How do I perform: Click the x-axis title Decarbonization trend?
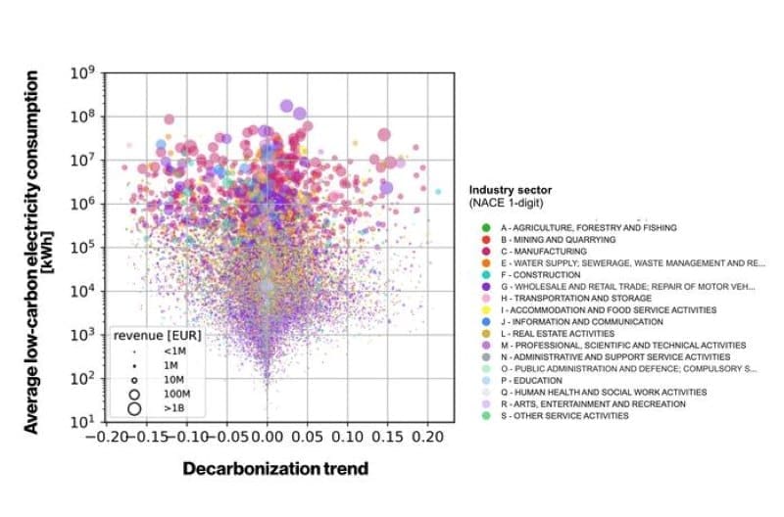coord(275,468)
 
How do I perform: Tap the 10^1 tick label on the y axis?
coord(80,422)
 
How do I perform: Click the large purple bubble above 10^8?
coord(287,106)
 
